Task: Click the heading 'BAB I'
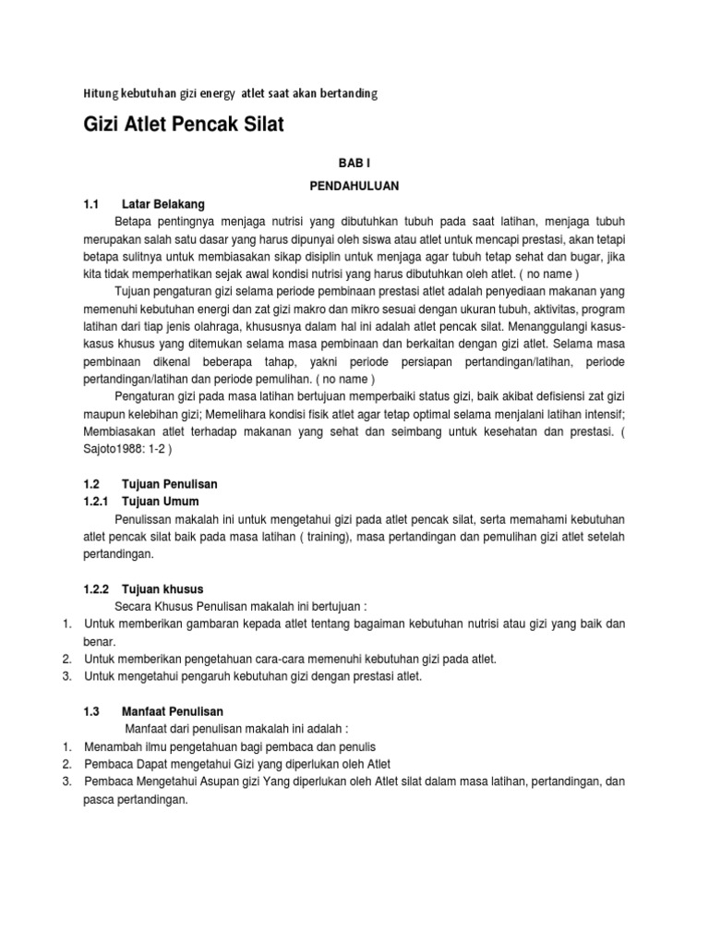click(x=354, y=162)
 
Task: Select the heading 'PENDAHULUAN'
click(x=354, y=186)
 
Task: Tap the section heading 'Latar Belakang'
click(x=162, y=203)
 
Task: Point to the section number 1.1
click(x=90, y=203)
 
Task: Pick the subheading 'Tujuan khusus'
click(x=162, y=588)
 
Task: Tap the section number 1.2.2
click(x=95, y=588)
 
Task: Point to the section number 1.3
click(x=90, y=710)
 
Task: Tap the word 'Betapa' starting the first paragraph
click(x=132, y=223)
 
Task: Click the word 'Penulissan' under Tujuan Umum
click(x=144, y=519)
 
